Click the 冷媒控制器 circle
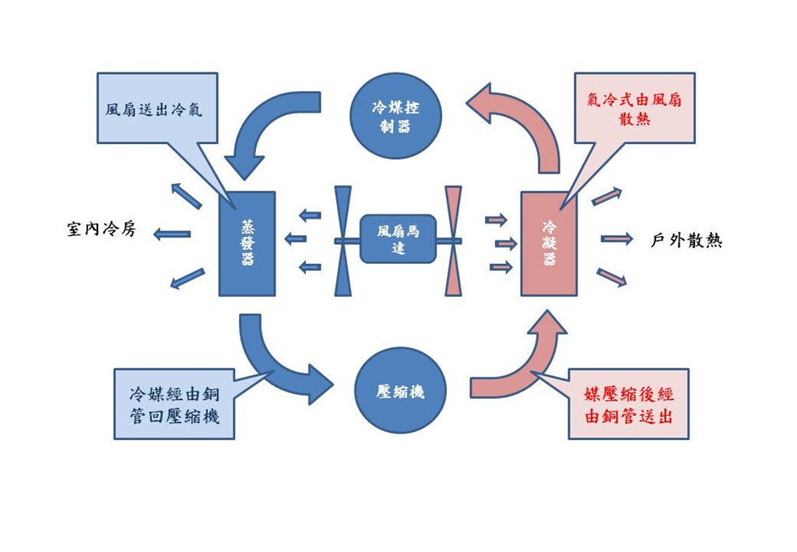point(395,115)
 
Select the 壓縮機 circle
point(400,391)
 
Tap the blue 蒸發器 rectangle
point(247,244)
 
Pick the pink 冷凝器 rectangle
point(549,244)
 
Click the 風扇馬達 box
point(398,239)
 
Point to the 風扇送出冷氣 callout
point(157,108)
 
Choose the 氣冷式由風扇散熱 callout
point(634,108)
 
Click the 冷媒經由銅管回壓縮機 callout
point(174,404)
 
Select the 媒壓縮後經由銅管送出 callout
point(629,404)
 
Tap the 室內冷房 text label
point(102,229)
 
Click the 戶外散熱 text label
point(686,240)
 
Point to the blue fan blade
point(343,241)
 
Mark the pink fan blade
point(453,241)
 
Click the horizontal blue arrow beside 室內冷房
point(172,234)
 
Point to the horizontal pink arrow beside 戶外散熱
point(617,238)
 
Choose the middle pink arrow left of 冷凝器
point(506,244)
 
